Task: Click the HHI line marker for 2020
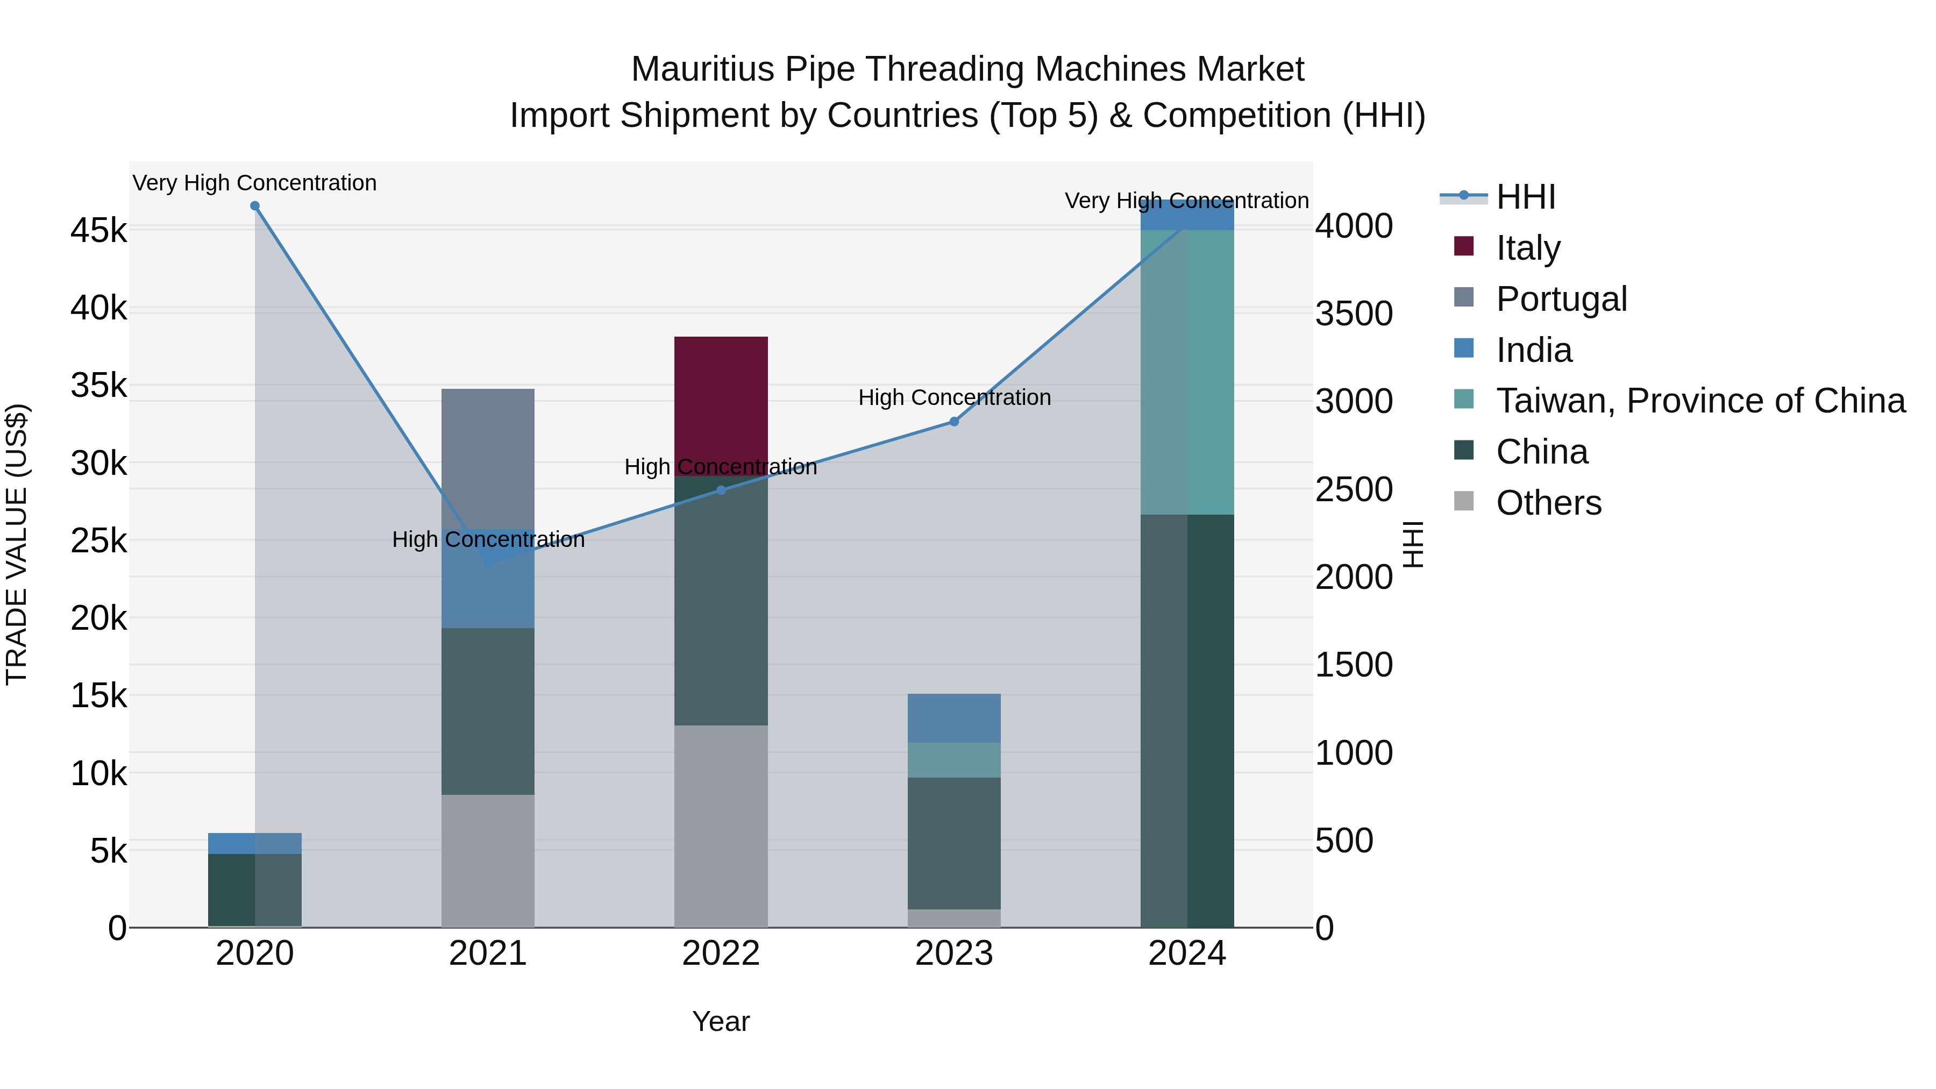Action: [x=255, y=206]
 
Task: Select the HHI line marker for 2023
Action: [x=953, y=422]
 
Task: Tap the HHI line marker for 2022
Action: [x=721, y=490]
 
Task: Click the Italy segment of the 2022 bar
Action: [x=721, y=406]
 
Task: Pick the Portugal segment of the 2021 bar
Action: [x=488, y=458]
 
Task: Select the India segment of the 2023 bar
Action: [x=953, y=718]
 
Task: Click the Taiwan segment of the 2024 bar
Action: [x=1187, y=372]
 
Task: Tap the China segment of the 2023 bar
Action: [x=953, y=843]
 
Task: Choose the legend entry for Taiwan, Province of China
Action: [x=1700, y=401]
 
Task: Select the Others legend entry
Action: [x=1548, y=503]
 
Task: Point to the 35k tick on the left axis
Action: [x=98, y=386]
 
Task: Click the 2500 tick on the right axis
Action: [x=1354, y=490]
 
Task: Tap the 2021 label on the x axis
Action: [x=488, y=953]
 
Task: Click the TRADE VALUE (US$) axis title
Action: [x=17, y=544]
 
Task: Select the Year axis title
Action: [x=721, y=1021]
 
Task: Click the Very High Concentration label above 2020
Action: [x=255, y=183]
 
